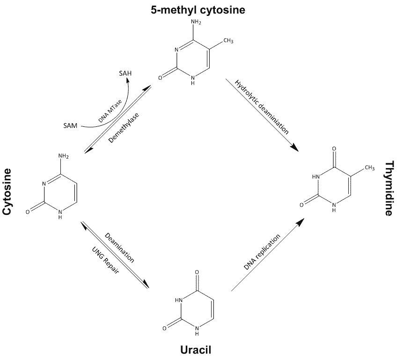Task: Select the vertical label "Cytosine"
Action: tap(7, 191)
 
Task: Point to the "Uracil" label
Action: tap(198, 349)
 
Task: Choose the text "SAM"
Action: tap(71, 125)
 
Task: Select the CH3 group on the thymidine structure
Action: tap(369, 168)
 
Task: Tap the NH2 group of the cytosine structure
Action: tap(64, 156)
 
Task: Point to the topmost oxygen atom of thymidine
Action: tap(334, 149)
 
